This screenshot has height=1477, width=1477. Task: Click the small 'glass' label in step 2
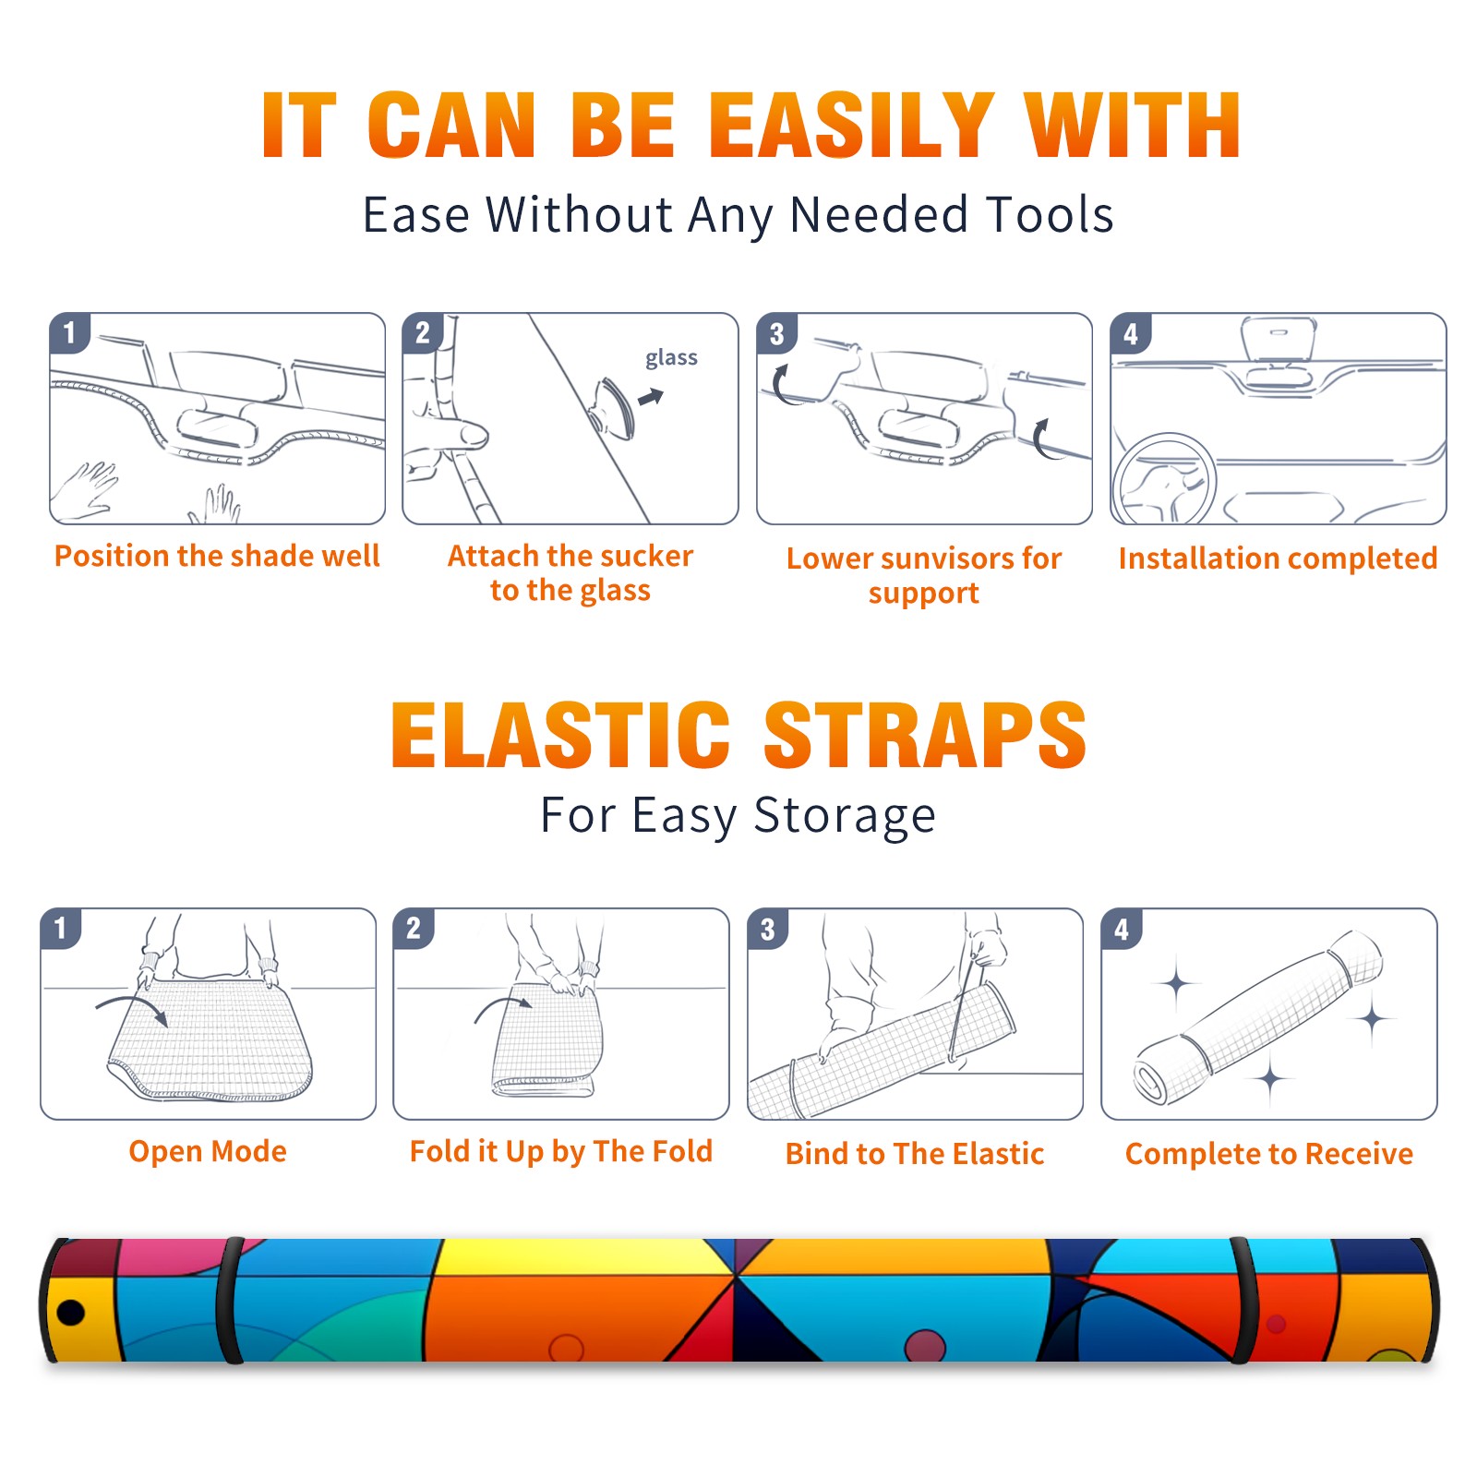[x=671, y=358]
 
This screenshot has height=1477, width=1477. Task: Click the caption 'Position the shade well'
[x=217, y=556]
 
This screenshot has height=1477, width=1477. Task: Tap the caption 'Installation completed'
[x=1278, y=558]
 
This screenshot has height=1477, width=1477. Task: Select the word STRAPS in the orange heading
[x=925, y=735]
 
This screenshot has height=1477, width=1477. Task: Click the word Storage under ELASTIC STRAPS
[x=845, y=816]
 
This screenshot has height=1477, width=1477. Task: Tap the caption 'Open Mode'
[x=208, y=1151]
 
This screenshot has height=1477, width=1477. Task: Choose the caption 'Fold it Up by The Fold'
[x=561, y=1152]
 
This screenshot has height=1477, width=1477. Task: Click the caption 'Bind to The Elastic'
[x=915, y=1154]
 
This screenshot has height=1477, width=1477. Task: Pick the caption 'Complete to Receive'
[x=1269, y=1154]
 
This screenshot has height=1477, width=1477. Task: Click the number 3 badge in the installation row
[x=777, y=333]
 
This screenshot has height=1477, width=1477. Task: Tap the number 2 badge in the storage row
[x=414, y=928]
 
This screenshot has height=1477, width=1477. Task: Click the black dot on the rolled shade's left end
[x=70, y=1311]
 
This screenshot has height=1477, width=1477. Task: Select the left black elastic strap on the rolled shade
[x=230, y=1301]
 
